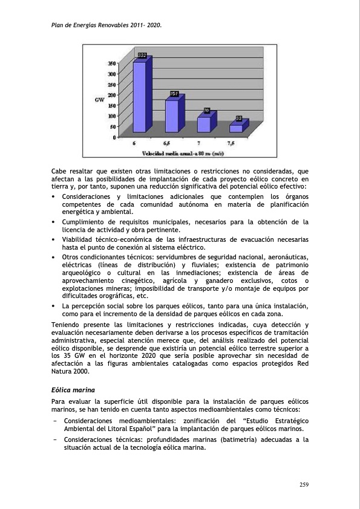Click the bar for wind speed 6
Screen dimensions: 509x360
[x=139, y=97]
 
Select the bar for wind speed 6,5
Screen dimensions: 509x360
[x=172, y=116]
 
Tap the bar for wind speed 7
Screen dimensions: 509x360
[x=204, y=124]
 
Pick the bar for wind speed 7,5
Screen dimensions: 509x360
[x=235, y=128]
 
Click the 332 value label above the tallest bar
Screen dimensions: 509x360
[x=142, y=55]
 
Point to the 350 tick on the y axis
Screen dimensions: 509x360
[x=113, y=63]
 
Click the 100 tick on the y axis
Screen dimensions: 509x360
[x=113, y=115]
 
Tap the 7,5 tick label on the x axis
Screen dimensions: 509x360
[x=232, y=143]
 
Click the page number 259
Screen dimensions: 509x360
[x=304, y=484]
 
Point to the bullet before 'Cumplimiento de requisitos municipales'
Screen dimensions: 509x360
[x=54, y=222]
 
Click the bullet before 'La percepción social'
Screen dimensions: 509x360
[x=54, y=306]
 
